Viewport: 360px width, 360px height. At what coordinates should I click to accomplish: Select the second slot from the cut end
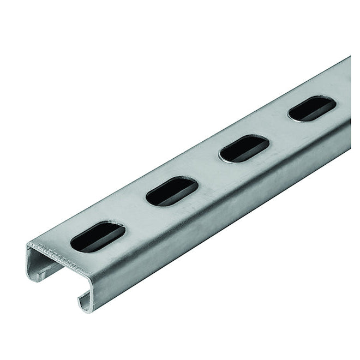pyautogui.click(x=171, y=191)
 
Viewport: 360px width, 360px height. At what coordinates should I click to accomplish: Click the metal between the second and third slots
pyautogui.click(x=207, y=170)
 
